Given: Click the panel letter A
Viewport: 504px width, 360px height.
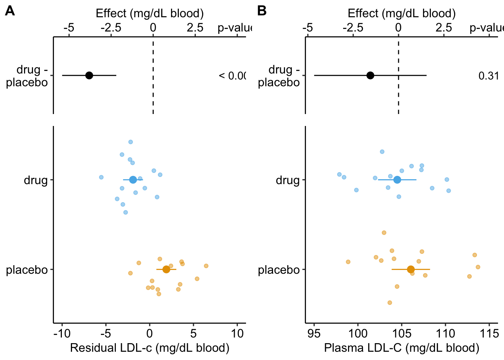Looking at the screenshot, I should pos(10,11).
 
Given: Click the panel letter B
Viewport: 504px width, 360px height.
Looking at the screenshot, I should pos(262,11).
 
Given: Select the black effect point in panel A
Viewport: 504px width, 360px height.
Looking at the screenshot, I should pos(89,75).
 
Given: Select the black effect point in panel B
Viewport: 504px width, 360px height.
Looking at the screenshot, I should pos(370,75).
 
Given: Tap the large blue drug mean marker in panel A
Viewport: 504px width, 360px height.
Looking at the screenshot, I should pos(133,180).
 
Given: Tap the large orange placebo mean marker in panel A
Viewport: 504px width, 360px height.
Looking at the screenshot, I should pos(166,269).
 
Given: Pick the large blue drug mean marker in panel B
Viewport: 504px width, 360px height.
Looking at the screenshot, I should pos(397,180).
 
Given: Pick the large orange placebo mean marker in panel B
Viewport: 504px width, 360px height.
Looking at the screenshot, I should pos(411,269).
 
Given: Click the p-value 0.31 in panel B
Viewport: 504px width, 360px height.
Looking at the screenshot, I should pos(488,76).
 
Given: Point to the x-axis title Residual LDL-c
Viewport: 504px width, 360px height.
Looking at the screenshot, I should pos(150,348).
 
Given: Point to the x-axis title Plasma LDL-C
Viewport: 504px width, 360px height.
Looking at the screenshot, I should pos(402,348).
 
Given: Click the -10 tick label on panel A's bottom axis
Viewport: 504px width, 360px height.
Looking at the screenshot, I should pos(62,333).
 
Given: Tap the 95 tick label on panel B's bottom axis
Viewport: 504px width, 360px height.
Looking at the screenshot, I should pos(314,333).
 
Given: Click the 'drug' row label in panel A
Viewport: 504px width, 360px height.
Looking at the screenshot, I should pos(36,180).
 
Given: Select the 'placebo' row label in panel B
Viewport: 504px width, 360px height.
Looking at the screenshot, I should pos(279,270).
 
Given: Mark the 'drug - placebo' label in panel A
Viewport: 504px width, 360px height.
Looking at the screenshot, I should pos(28,76).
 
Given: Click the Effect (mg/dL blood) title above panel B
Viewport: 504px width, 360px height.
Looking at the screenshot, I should pos(402,13).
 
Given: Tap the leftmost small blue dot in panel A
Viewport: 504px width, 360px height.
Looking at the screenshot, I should pos(101,177).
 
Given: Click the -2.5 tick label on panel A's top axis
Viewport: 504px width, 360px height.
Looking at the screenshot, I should pos(111,28).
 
